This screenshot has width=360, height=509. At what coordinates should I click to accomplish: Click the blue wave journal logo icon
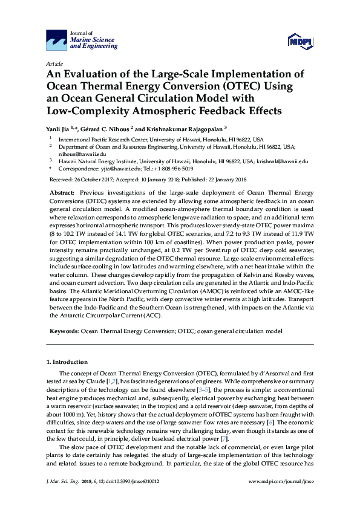(58, 41)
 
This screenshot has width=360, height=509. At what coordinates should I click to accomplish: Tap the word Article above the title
(54, 63)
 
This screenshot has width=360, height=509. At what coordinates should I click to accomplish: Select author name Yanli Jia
(59, 129)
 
